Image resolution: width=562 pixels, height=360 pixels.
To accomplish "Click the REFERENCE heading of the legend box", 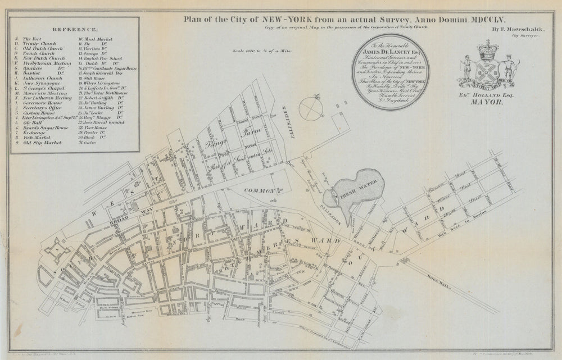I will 75,28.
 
